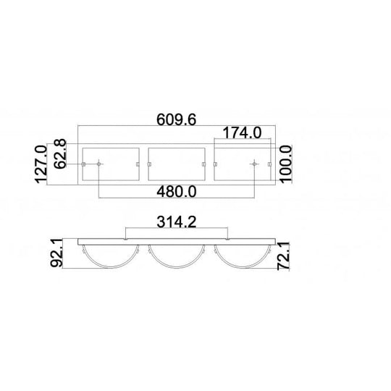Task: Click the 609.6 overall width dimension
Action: point(176,119)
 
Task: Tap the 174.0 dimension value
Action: point(242,133)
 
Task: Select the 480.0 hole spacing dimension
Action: point(177,192)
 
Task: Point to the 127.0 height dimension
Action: point(41,164)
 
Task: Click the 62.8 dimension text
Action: point(60,154)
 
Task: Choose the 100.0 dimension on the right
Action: point(286,164)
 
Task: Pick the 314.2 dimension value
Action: point(177,222)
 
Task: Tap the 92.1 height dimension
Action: point(56,253)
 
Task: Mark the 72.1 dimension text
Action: point(284,256)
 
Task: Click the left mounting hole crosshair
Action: point(99,164)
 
